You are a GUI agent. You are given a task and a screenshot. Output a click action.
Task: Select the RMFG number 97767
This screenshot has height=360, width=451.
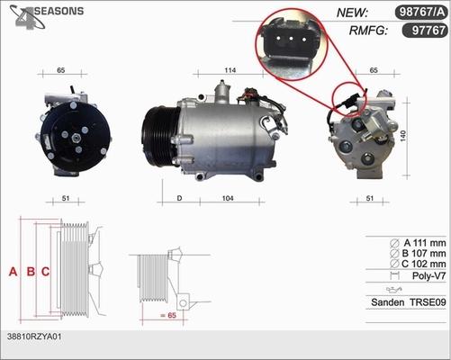[424, 31]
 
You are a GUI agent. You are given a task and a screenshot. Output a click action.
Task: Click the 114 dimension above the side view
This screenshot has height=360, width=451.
[230, 70]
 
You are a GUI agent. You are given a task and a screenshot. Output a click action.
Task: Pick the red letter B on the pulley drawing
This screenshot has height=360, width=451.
[31, 271]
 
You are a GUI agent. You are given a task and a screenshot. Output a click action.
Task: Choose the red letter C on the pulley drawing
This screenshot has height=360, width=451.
[45, 271]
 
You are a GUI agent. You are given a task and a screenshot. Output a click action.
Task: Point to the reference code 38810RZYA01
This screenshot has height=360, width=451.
[33, 336]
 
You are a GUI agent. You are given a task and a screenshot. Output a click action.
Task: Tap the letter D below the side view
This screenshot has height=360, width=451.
[179, 198]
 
